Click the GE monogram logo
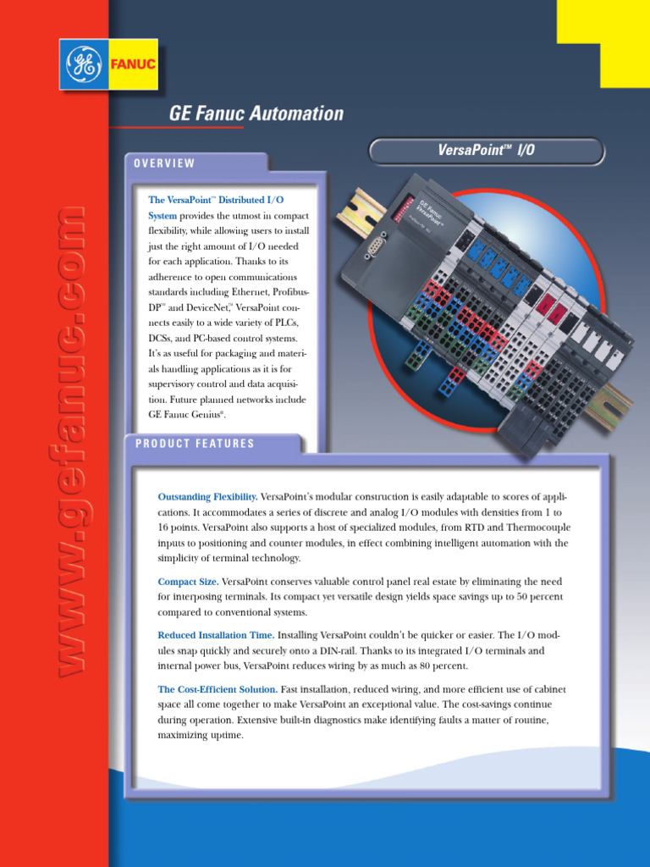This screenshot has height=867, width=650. (85, 64)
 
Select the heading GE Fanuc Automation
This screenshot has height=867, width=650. (256, 113)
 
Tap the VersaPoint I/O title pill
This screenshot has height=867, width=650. (487, 151)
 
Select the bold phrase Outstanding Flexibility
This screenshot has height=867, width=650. (207, 495)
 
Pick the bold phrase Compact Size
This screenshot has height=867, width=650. (188, 582)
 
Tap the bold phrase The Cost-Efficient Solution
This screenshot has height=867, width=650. (218, 689)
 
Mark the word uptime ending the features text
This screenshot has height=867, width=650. (224, 735)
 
